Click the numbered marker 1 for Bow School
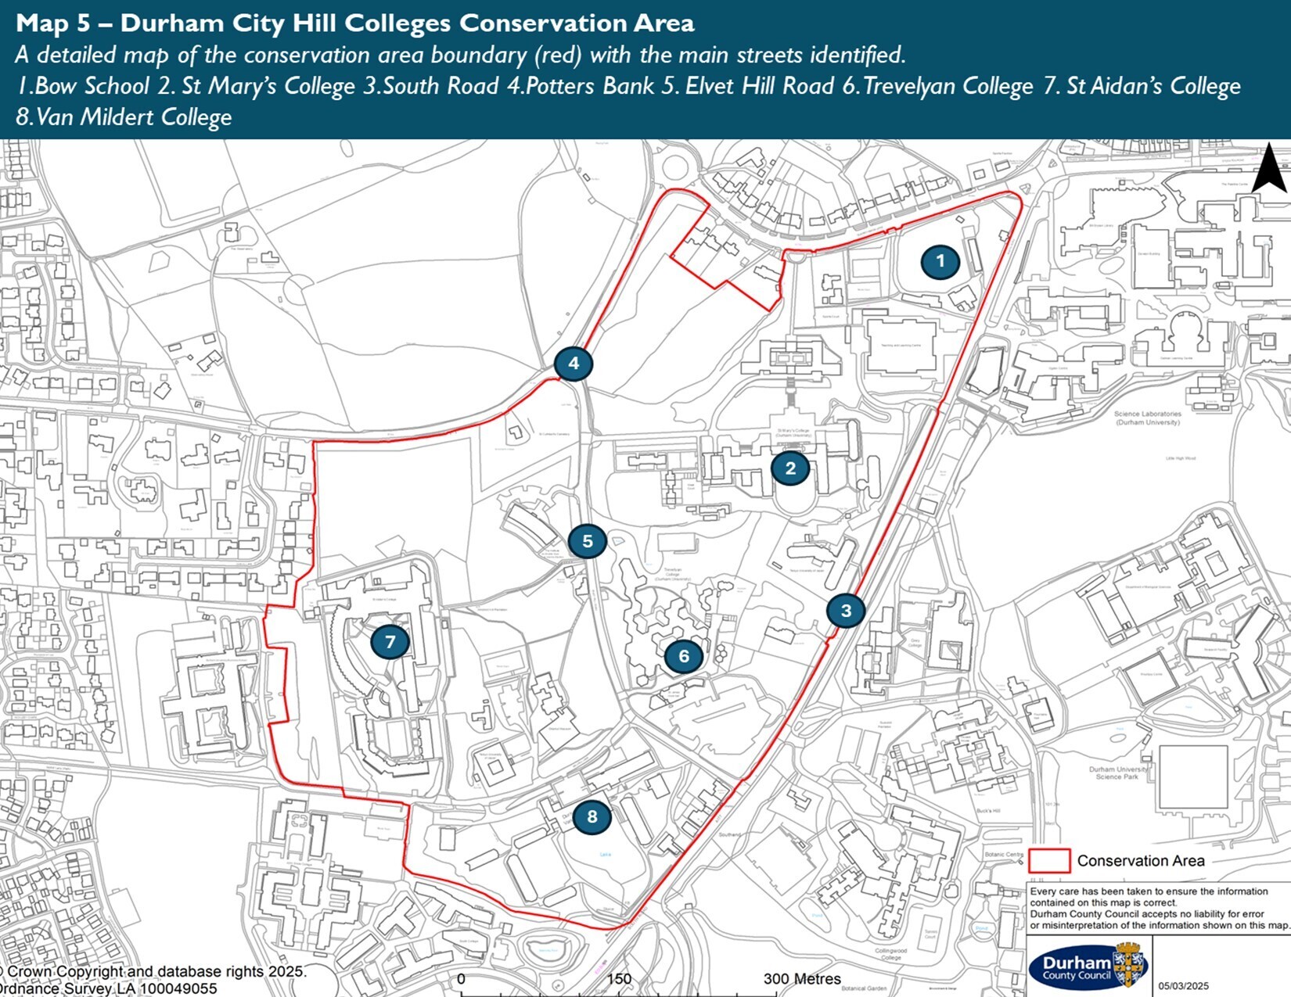click(x=940, y=261)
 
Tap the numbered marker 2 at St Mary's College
click(x=790, y=468)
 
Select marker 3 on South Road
click(x=846, y=610)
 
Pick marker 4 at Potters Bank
click(x=574, y=363)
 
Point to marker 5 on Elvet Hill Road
click(x=587, y=540)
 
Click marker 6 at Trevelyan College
click(x=684, y=656)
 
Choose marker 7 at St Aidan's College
click(x=390, y=642)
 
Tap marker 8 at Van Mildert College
click(x=592, y=817)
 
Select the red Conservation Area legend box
click(x=1048, y=860)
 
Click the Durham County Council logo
click(x=1087, y=968)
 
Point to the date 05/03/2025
click(x=1184, y=986)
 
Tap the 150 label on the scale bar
click(x=619, y=979)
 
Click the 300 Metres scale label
click(x=802, y=979)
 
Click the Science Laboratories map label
click(x=1147, y=418)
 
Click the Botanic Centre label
click(x=1004, y=855)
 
